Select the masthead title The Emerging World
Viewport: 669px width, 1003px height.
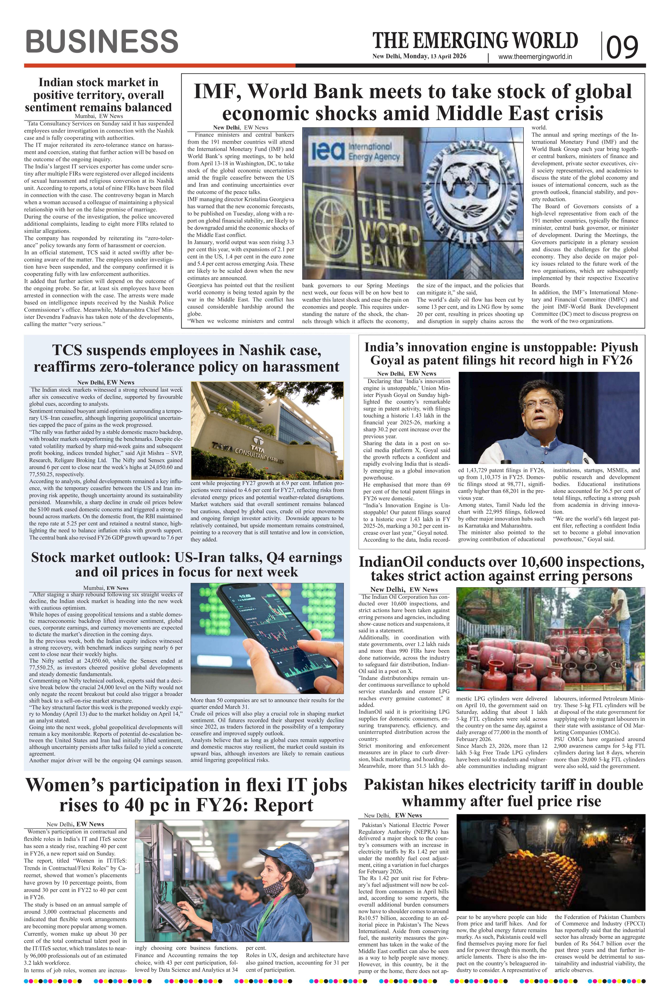point(475,41)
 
